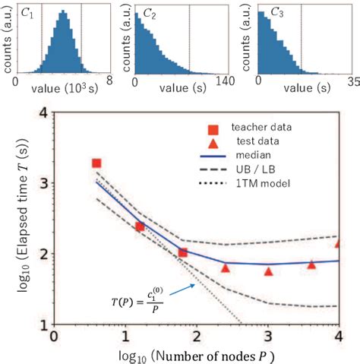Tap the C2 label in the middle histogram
point(142,13)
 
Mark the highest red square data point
point(96,163)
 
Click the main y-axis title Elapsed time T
point(17,220)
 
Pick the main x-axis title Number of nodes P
point(196,354)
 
